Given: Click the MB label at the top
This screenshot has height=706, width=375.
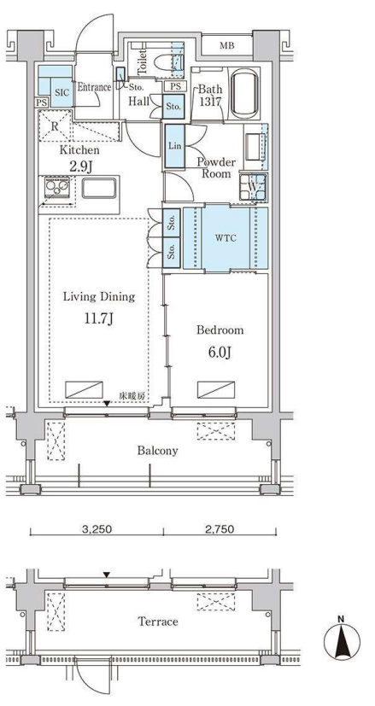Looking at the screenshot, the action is [x=226, y=45].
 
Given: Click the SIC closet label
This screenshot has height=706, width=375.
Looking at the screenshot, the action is [x=62, y=93].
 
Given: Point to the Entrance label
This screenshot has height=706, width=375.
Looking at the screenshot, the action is [x=94, y=87].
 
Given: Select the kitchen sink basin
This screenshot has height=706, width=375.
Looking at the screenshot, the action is [x=99, y=188].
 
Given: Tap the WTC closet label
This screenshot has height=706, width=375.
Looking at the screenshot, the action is [x=226, y=239].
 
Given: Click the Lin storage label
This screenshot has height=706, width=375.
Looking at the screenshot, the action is [x=174, y=146].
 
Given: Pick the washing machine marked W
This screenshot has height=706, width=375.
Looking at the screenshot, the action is [x=254, y=187].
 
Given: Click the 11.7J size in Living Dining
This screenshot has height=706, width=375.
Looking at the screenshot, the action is [x=99, y=319].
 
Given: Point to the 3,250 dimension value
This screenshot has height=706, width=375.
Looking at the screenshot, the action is [x=97, y=529].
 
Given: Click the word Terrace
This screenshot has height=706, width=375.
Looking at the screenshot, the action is [x=158, y=621].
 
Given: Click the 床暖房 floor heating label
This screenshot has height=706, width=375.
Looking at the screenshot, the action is [x=132, y=396].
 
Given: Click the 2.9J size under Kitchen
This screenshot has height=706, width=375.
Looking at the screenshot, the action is [x=81, y=167].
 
